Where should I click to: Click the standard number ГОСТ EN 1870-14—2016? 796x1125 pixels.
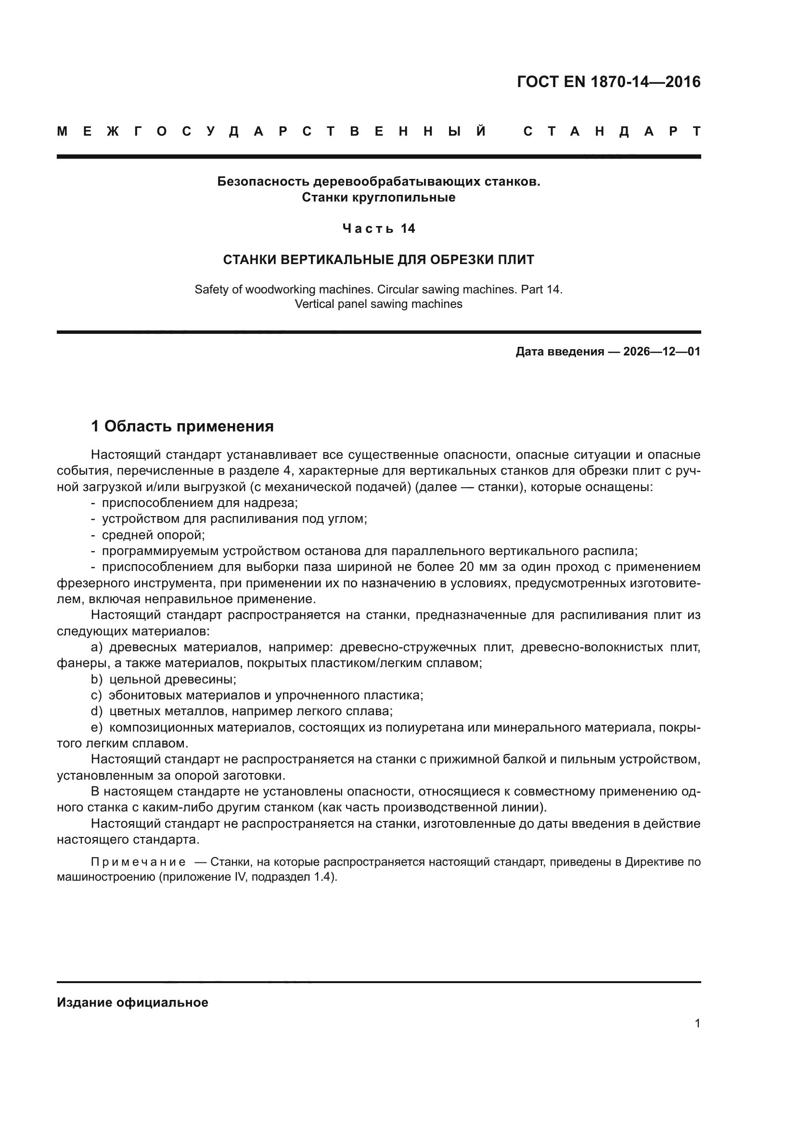click(x=609, y=82)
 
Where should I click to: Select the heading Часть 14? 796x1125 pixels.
click(x=378, y=228)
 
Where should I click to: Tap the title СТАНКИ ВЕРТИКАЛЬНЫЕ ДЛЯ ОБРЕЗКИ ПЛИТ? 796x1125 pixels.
click(x=378, y=260)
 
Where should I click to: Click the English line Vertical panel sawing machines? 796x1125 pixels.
click(x=378, y=304)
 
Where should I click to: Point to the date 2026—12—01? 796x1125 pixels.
click(x=662, y=352)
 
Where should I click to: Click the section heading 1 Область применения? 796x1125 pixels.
click(x=182, y=426)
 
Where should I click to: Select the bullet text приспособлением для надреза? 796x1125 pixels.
click(x=200, y=503)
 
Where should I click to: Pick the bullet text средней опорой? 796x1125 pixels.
click(x=153, y=535)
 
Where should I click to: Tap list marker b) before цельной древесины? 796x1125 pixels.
click(x=96, y=680)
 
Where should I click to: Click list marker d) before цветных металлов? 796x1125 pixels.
click(x=96, y=711)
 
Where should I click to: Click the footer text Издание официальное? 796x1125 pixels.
click(x=132, y=1002)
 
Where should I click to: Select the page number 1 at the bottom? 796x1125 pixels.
click(x=697, y=1024)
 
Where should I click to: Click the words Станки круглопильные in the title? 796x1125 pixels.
click(x=378, y=198)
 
